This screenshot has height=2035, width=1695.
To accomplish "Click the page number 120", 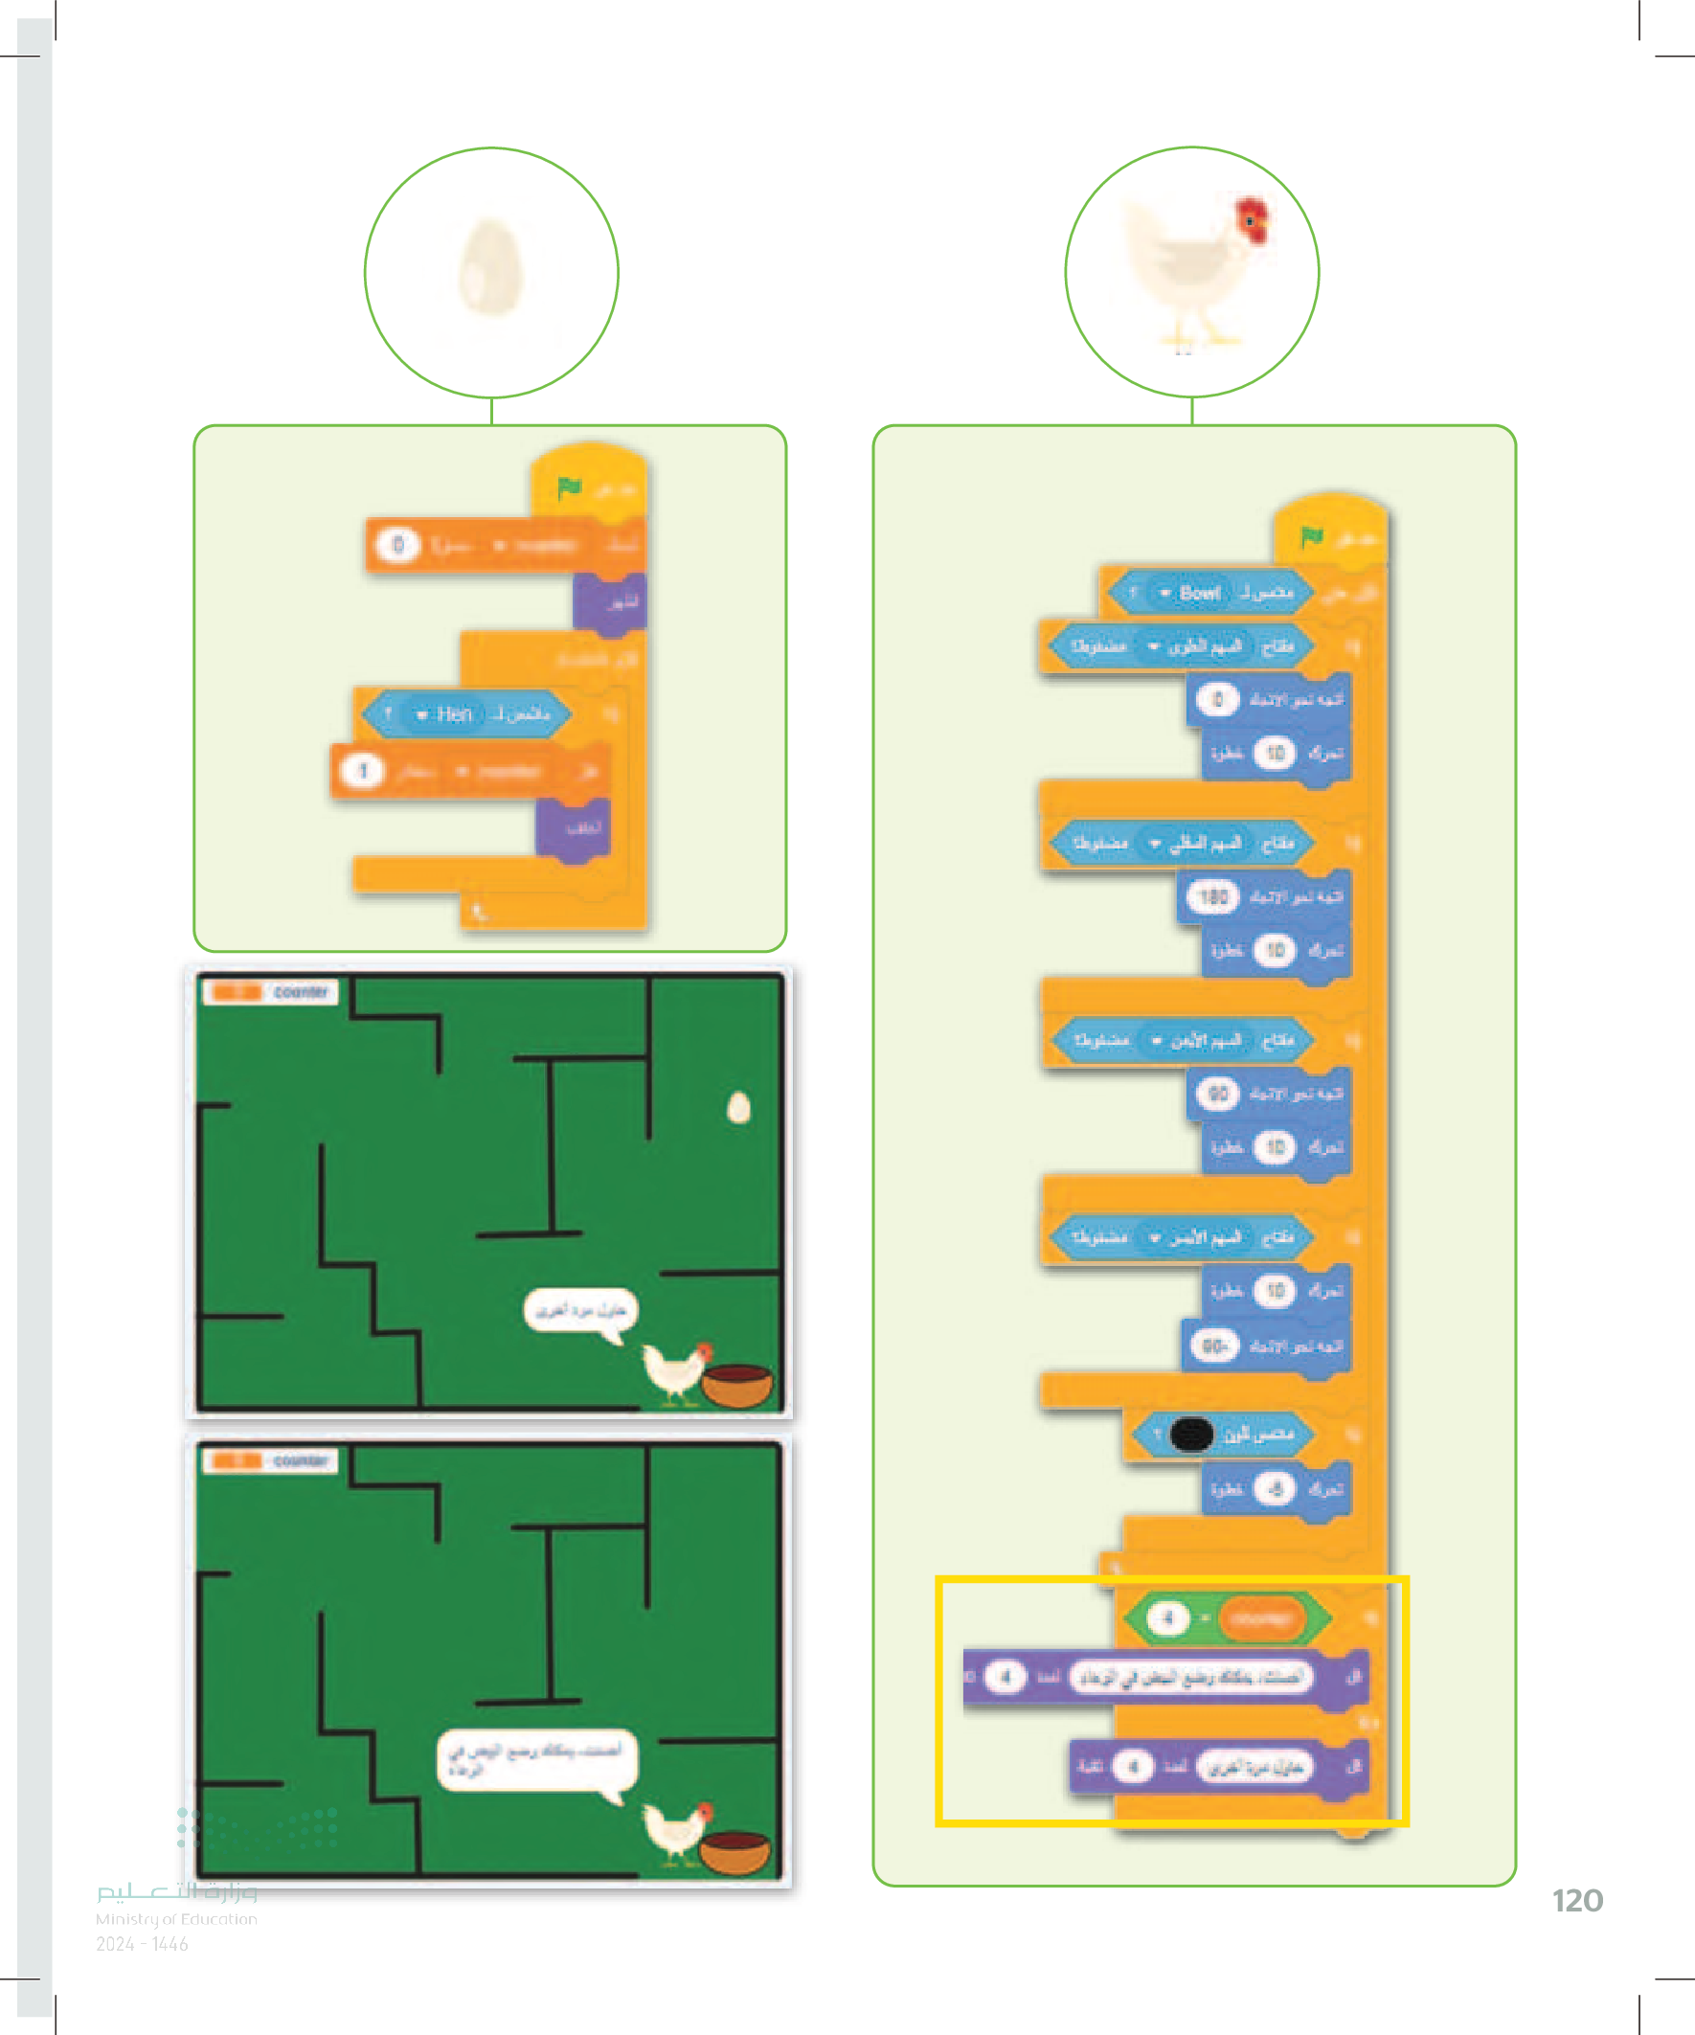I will click(x=1577, y=1901).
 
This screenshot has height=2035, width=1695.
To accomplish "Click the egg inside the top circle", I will click(x=490, y=266).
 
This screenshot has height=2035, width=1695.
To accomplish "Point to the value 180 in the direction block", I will click(x=1212, y=897).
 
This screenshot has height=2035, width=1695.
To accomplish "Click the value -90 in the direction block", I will click(x=1213, y=1346).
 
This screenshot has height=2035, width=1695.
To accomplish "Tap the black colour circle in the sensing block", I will click(x=1191, y=1435).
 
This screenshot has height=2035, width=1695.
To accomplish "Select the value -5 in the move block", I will click(x=1275, y=1488).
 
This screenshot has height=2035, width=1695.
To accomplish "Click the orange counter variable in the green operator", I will click(x=1259, y=1617).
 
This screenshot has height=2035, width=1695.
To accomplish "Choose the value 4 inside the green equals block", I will click(x=1167, y=1617).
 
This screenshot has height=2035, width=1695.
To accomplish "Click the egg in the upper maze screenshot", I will click(x=738, y=1107).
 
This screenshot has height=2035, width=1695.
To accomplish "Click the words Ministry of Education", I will click(x=176, y=1919).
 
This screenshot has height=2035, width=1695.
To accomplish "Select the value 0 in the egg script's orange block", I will click(x=397, y=545).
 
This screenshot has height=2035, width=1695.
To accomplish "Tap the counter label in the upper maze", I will click(x=302, y=991).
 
